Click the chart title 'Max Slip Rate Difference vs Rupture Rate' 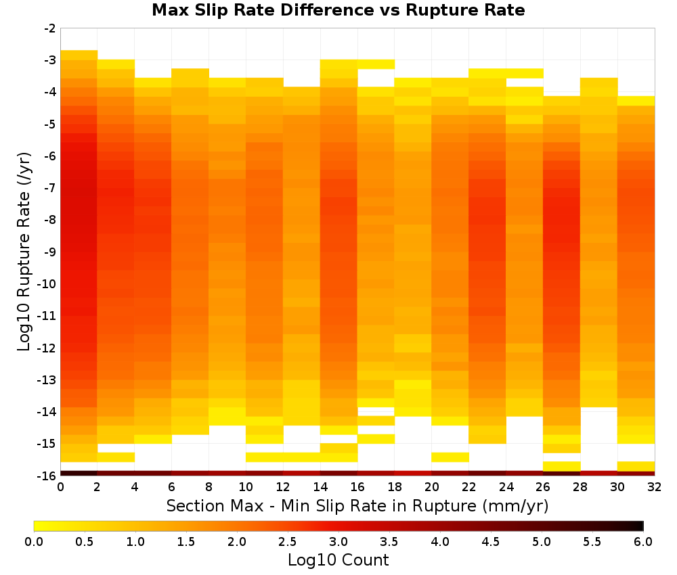point(338,10)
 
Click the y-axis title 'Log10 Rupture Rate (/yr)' point(24,252)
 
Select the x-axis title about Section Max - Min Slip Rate point(357,505)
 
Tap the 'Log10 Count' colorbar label point(338,560)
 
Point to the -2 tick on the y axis point(50,28)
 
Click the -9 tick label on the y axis point(50,252)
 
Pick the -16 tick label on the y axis point(47,476)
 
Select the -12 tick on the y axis point(47,348)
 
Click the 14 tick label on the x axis point(320,487)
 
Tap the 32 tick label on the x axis point(654,487)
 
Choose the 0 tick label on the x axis point(60,487)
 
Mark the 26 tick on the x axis point(543,487)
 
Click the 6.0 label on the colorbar point(643,541)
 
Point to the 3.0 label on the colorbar point(338,541)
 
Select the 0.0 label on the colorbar point(34,541)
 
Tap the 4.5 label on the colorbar point(490,541)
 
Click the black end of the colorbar point(640,526)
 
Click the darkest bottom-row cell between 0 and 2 point(79,474)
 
